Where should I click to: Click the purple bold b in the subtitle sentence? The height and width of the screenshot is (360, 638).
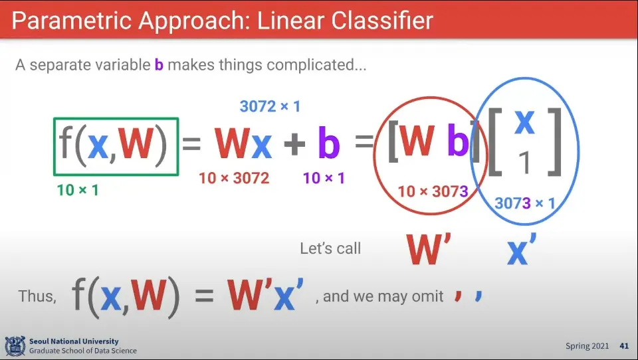click(x=159, y=64)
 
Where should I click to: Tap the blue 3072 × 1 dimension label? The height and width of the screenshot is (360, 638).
click(x=270, y=106)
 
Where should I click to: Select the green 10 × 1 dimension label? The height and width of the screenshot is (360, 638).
click(x=78, y=190)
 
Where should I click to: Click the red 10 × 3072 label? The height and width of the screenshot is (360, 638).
click(x=234, y=178)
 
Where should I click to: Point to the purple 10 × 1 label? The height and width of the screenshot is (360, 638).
click(x=324, y=178)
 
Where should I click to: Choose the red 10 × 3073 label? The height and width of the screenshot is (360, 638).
click(x=433, y=191)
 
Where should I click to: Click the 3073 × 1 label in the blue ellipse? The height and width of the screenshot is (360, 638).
click(x=525, y=203)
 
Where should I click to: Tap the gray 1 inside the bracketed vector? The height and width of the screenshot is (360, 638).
click(x=525, y=163)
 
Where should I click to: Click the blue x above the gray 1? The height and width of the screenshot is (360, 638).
click(x=524, y=122)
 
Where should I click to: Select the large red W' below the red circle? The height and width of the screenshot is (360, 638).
click(x=429, y=249)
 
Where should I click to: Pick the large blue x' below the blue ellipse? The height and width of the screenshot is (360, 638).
click(x=522, y=249)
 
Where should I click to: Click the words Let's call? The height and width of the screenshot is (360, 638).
click(x=330, y=248)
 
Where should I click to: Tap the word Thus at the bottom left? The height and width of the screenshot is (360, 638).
click(x=37, y=296)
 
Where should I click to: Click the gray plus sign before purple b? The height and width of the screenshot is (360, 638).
click(x=294, y=143)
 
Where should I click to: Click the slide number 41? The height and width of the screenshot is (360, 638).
click(x=624, y=346)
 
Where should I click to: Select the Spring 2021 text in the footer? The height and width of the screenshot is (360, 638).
click(x=587, y=346)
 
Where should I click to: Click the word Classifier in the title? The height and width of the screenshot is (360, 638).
click(x=382, y=21)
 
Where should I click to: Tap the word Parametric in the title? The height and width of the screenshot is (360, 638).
click(x=72, y=21)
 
